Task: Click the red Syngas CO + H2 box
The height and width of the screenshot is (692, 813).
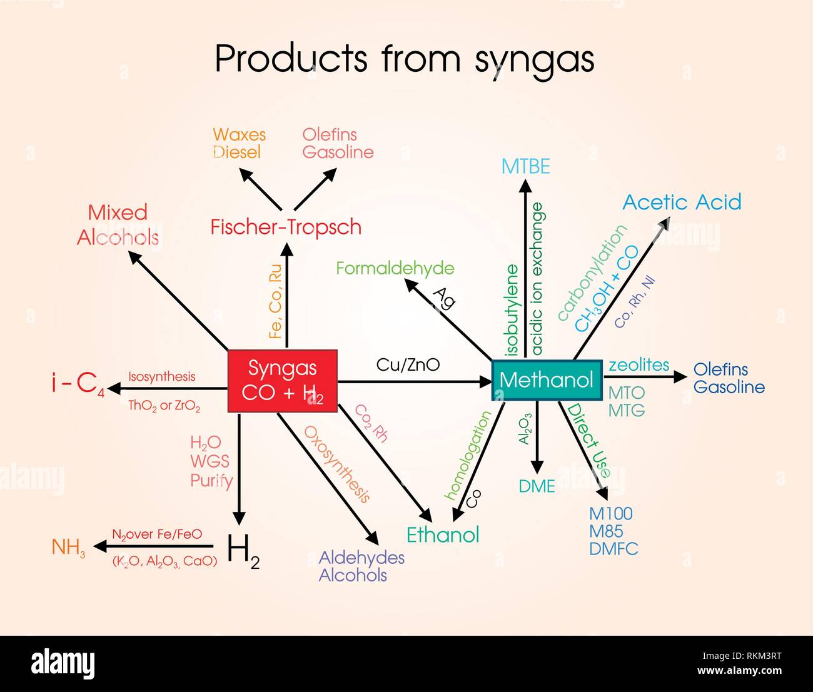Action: tap(283, 381)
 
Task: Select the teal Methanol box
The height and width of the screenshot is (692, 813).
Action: tap(547, 379)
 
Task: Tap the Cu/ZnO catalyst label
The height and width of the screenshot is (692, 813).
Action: tap(408, 364)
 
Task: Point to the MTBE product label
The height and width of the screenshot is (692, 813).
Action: tap(525, 166)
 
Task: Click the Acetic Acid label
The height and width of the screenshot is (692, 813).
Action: tap(682, 202)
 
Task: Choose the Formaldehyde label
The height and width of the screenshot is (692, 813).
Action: tap(395, 268)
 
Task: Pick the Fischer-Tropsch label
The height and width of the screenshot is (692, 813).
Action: tap(286, 226)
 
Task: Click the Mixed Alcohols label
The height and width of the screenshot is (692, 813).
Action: tap(118, 225)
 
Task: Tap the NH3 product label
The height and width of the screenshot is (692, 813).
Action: tap(68, 547)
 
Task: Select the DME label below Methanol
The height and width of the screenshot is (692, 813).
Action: tap(537, 486)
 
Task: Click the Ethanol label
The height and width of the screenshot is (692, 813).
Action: tap(443, 534)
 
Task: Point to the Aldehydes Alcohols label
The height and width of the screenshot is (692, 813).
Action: tap(361, 566)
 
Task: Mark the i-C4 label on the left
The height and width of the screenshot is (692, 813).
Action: tap(78, 383)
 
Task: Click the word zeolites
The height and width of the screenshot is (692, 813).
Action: tap(639, 364)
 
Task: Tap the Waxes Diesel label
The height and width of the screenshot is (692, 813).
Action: tap(239, 143)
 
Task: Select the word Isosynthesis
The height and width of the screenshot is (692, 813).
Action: tap(162, 376)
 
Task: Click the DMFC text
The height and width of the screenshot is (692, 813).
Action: tap(614, 549)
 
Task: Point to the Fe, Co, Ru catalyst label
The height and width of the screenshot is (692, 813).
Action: tap(275, 301)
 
